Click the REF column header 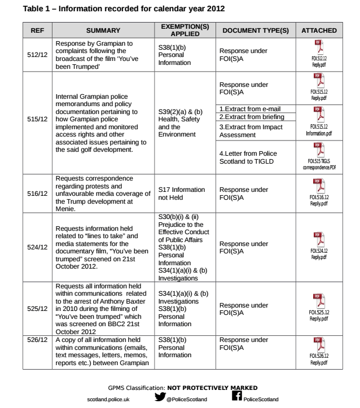pos(38,30)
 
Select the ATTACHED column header pos(319,30)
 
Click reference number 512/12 pos(38,55)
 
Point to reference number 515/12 pos(38,119)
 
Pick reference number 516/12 pos(38,194)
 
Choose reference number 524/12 pos(38,247)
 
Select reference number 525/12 pos(38,309)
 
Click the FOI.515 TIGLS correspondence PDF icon pos(319,150)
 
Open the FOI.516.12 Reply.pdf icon pos(319,185)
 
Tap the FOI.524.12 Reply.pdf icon pos(319,239)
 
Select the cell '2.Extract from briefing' pos(251,117)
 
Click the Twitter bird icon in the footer pos(160,397)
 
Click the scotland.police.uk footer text pos(108,399)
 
